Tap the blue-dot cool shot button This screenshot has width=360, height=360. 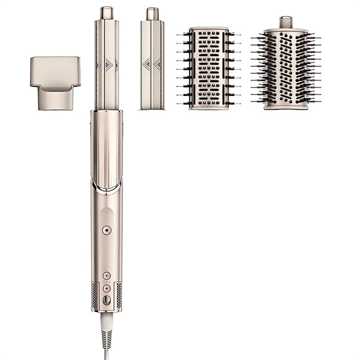click(106, 229)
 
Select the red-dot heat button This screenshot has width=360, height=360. click(107, 288)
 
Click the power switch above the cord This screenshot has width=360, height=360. click(107, 299)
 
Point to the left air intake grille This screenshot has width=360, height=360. click(95, 293)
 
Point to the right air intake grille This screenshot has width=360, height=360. click(118, 293)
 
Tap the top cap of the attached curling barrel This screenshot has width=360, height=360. click(106, 12)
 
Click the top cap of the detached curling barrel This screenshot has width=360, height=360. click(152, 13)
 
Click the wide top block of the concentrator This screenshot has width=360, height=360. click(55, 68)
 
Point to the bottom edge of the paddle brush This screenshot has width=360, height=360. click(208, 107)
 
